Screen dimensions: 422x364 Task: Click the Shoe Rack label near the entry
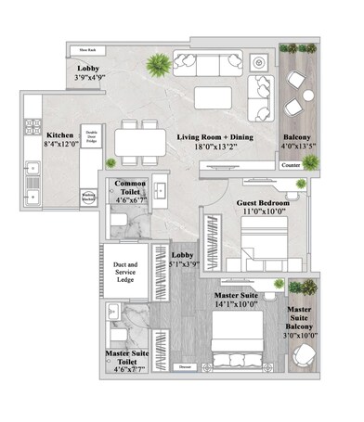click(x=89, y=49)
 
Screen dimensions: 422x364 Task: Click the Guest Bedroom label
click(x=263, y=202)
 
